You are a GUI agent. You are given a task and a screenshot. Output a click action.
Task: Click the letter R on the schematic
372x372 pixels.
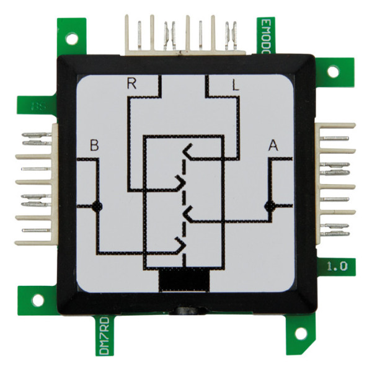(131, 84)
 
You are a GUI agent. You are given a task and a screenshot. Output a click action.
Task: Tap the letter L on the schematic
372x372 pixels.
(235, 86)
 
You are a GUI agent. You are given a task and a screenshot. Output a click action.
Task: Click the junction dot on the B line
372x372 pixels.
(96, 206)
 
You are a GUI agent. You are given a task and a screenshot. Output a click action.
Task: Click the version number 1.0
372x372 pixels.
(337, 267)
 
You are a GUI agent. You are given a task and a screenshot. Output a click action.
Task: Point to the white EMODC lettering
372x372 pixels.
(265, 35)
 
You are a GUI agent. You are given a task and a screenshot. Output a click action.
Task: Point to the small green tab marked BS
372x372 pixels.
(37, 105)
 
